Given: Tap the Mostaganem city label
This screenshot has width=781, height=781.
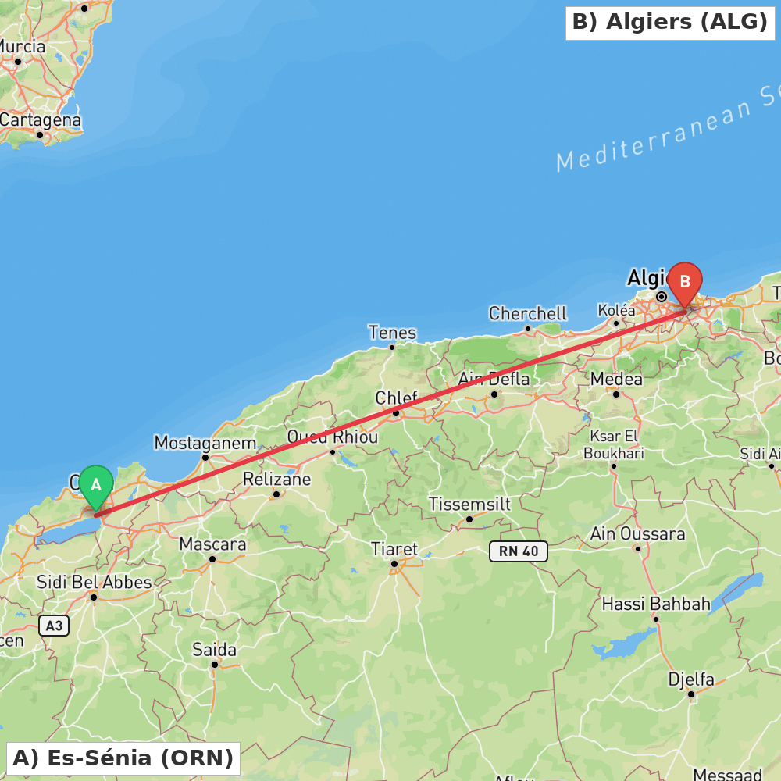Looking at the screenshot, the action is pyautogui.click(x=205, y=443).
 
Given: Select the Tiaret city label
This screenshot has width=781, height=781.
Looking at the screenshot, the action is pyautogui.click(x=394, y=549).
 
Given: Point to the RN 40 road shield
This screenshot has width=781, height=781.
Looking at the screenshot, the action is pyautogui.click(x=519, y=551).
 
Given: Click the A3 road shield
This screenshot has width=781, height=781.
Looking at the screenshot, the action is pyautogui.click(x=53, y=626).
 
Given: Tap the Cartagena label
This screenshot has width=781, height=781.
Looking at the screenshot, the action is pyautogui.click(x=41, y=120).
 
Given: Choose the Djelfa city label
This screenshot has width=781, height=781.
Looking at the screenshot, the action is pyautogui.click(x=690, y=679).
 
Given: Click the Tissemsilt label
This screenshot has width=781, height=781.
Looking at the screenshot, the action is pyautogui.click(x=469, y=505).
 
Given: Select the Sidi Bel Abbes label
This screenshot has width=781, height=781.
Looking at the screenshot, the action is pyautogui.click(x=95, y=582).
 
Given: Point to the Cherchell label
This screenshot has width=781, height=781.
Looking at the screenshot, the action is pyautogui.click(x=528, y=313).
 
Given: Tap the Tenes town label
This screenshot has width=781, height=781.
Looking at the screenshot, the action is pyautogui.click(x=392, y=333).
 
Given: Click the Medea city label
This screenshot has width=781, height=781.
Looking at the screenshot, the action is pyautogui.click(x=616, y=379).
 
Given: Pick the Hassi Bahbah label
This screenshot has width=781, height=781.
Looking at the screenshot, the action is pyautogui.click(x=656, y=604).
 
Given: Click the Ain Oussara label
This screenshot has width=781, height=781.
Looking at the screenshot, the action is pyautogui.click(x=638, y=534).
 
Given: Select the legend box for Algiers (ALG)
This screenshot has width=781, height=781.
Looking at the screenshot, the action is pyautogui.click(x=670, y=23).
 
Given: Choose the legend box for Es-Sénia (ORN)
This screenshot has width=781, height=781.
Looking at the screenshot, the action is pyautogui.click(x=123, y=758).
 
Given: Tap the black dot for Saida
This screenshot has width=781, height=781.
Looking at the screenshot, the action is pyautogui.click(x=215, y=665).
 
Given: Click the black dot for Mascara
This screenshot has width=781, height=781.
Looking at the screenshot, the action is pyautogui.click(x=212, y=558).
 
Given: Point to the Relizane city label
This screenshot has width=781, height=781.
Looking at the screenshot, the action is pyautogui.click(x=276, y=479).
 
